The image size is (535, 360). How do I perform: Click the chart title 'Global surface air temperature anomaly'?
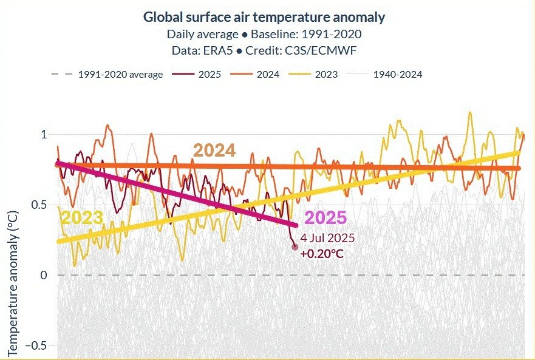pyautogui.click(x=264, y=17)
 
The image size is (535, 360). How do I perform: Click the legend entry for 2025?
pyautogui.click(x=197, y=75)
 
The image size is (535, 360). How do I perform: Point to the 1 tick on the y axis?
pyautogui.click(x=44, y=134)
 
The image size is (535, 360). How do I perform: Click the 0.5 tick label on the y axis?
pyautogui.click(x=39, y=205)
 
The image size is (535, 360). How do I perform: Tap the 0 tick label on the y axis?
pyautogui.click(x=44, y=275)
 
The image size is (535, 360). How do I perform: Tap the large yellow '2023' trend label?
pyautogui.click(x=81, y=219)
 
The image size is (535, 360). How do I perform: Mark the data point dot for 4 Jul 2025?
pyautogui.click(x=295, y=246)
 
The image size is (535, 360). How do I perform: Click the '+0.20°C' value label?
pyautogui.click(x=321, y=253)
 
